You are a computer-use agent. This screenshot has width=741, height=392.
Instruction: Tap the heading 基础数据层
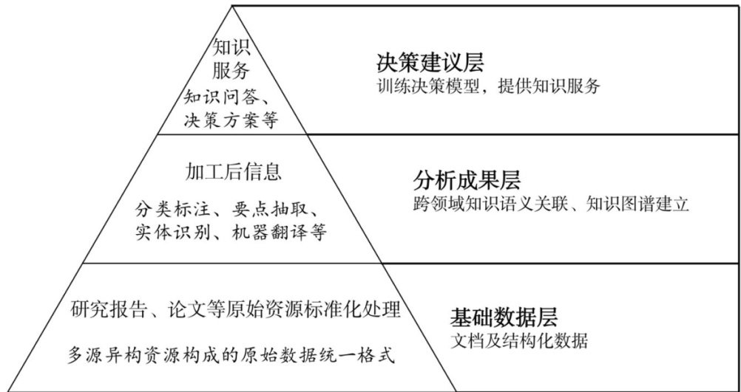504,318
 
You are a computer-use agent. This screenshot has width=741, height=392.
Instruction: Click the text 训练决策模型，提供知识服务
487,86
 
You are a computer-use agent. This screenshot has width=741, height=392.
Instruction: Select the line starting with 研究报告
237,309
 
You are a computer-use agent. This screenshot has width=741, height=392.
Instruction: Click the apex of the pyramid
233,7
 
